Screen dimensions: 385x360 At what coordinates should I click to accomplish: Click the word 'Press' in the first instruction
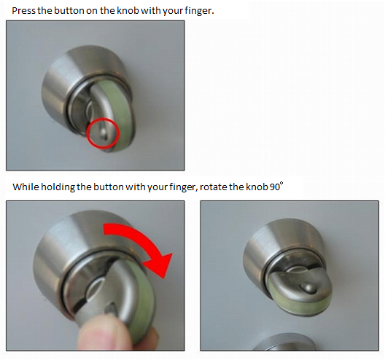(23, 11)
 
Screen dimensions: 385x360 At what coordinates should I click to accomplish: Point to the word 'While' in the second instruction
(26, 187)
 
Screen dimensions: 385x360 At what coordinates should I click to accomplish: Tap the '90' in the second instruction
(275, 187)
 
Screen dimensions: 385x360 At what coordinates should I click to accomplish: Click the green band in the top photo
(120, 111)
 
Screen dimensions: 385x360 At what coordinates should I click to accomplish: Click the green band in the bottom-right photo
(302, 305)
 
